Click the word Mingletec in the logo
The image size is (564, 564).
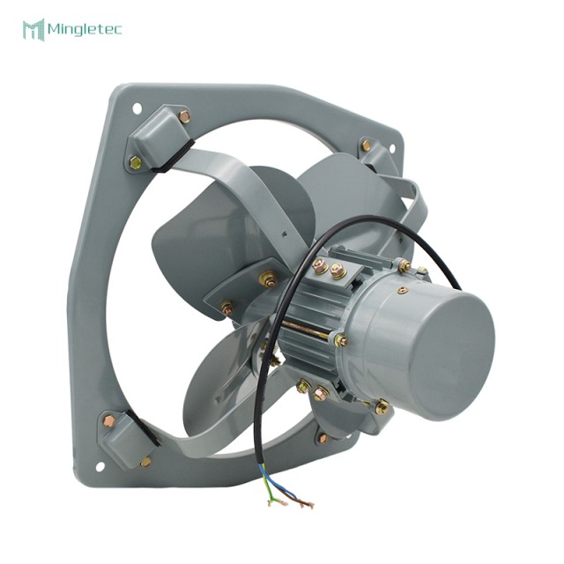(x=87, y=30)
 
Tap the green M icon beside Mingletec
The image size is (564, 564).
(x=33, y=30)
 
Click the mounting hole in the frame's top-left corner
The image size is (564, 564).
(x=137, y=108)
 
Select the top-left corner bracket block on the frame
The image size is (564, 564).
(x=159, y=137)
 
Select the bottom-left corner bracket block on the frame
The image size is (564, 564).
(x=123, y=438)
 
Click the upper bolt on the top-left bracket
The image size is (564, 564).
(x=183, y=116)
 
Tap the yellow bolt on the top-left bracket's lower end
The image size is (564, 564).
(x=135, y=162)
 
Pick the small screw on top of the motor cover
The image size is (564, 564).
(x=403, y=290)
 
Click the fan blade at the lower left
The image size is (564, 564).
(x=216, y=388)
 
